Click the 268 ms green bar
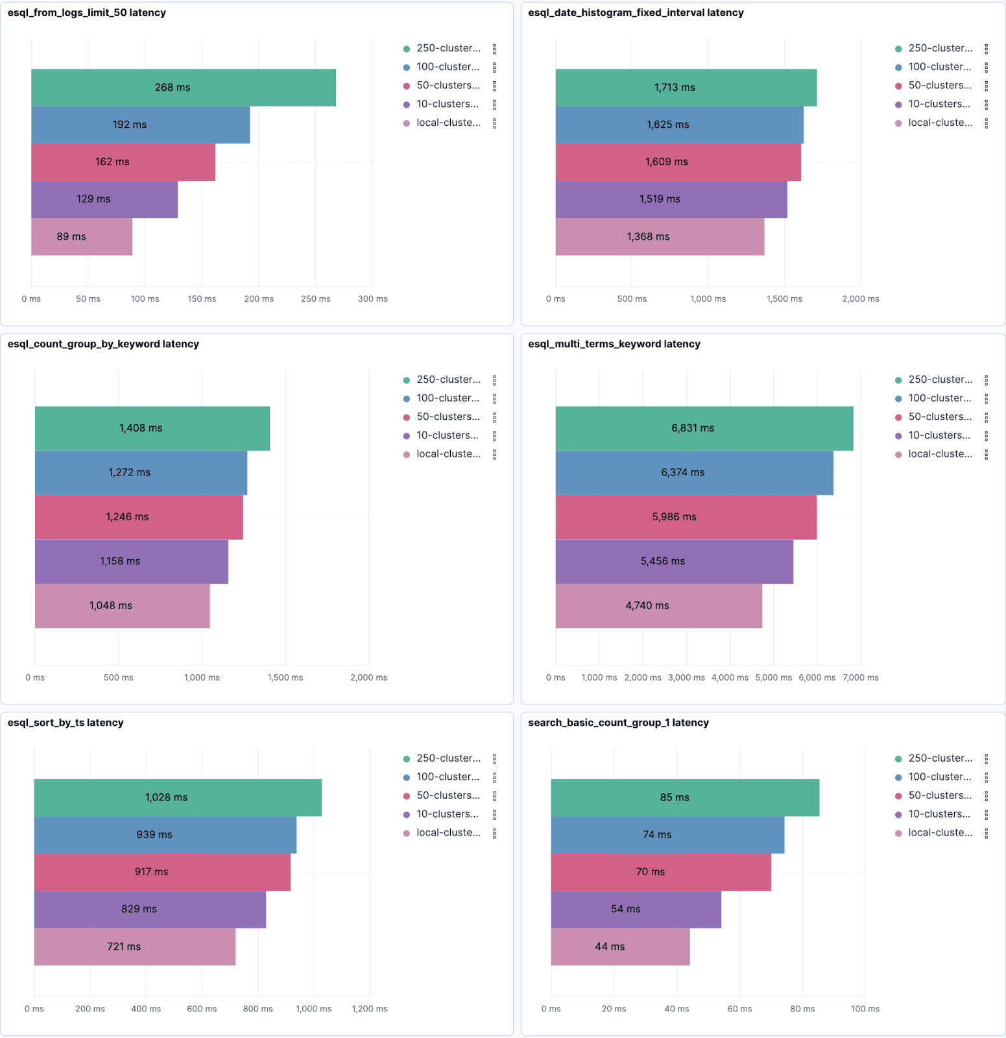pyautogui.click(x=184, y=88)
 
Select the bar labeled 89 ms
pyautogui.click(x=82, y=237)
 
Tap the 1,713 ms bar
pyautogui.click(x=686, y=88)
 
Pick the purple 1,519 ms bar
pyautogui.click(x=671, y=200)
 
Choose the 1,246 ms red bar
pyautogui.click(x=139, y=517)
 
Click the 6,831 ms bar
pyautogui.click(x=704, y=428)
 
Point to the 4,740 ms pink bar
pyautogui.click(x=658, y=606)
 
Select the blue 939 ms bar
pyautogui.click(x=165, y=835)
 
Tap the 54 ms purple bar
pyautogui.click(x=636, y=910)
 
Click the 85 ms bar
pyautogui.click(x=685, y=797)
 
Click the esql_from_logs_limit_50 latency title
pyautogui.click(x=87, y=13)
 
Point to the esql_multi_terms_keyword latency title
pyautogui.click(x=614, y=344)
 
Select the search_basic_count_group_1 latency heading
pyautogui.click(x=618, y=723)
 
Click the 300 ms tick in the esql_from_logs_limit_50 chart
pyautogui.click(x=373, y=299)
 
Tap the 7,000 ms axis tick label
pyautogui.click(x=861, y=678)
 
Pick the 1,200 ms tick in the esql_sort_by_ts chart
pyautogui.click(x=370, y=1009)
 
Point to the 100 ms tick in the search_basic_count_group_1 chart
pyautogui.click(x=865, y=1009)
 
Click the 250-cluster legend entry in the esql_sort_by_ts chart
pyautogui.click(x=448, y=758)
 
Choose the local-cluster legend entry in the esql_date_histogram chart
pyautogui.click(x=940, y=123)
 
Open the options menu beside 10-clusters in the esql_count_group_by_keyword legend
pyautogui.click(x=494, y=436)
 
